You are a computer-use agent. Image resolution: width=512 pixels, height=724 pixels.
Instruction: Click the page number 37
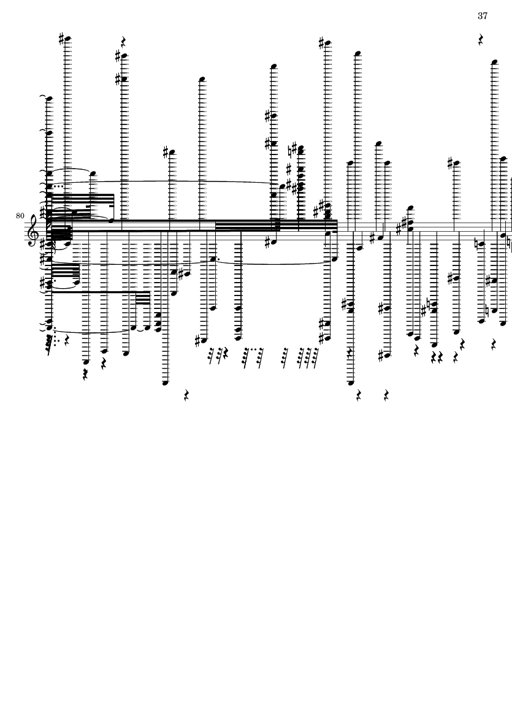pyautogui.click(x=483, y=16)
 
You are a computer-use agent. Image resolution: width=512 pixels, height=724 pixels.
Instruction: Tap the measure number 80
pyautogui.click(x=20, y=216)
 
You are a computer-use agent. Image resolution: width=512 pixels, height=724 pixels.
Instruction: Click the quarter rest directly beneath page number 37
pyautogui.click(x=481, y=40)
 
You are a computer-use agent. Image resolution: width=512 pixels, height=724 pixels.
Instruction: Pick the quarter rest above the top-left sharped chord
pyautogui.click(x=123, y=42)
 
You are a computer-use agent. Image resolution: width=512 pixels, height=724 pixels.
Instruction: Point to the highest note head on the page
pyautogui.click(x=67, y=39)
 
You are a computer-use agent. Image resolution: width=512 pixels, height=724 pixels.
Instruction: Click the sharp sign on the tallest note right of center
pyautogui.click(x=322, y=44)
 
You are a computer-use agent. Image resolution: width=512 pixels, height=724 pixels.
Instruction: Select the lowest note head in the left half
pyautogui.click(x=166, y=383)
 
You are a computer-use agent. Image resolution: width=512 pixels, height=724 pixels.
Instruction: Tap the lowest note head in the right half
pyautogui.click(x=350, y=383)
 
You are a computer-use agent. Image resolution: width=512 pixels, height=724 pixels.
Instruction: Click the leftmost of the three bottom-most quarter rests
pyautogui.click(x=186, y=395)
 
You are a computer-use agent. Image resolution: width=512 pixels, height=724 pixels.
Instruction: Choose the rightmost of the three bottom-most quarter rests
pyautogui.click(x=386, y=395)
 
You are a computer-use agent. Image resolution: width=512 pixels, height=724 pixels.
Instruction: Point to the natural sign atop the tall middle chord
pyautogui.click(x=291, y=151)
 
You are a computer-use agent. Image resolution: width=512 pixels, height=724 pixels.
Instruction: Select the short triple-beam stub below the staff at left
pyautogui.click(x=143, y=297)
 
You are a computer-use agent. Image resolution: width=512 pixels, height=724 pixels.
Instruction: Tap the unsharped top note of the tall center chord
pyautogui.click(x=273, y=66)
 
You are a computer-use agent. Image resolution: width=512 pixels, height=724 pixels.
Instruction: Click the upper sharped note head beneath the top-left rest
pyautogui.click(x=124, y=56)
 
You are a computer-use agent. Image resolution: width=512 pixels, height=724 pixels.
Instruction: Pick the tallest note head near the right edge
pyautogui.click(x=494, y=61)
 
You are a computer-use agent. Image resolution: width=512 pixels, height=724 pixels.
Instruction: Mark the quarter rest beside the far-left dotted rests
pyautogui.click(x=67, y=341)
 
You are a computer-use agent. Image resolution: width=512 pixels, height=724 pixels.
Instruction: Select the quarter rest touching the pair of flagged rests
pyautogui.click(x=226, y=354)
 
